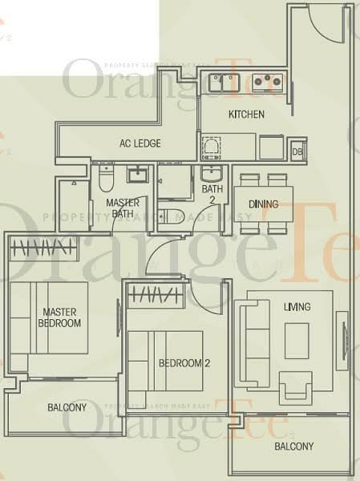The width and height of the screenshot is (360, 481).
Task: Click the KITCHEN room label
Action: click(x=246, y=115)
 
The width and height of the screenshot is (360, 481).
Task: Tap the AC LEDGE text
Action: click(x=140, y=144)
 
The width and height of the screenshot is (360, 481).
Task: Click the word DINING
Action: click(x=263, y=204)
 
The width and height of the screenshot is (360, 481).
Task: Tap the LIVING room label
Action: click(x=297, y=308)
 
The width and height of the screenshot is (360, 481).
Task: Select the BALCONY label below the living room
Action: click(x=293, y=447)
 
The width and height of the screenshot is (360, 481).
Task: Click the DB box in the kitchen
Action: click(x=297, y=152)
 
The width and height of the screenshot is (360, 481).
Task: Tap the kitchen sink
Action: click(x=224, y=81)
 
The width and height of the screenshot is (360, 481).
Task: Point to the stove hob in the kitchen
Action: click(x=265, y=81)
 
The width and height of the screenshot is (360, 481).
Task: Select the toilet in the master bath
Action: click(x=106, y=177)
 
